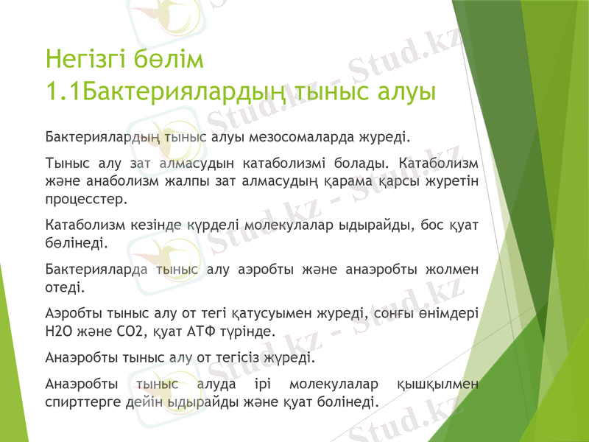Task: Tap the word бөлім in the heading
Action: [172, 57]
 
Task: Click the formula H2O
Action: [60, 331]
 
